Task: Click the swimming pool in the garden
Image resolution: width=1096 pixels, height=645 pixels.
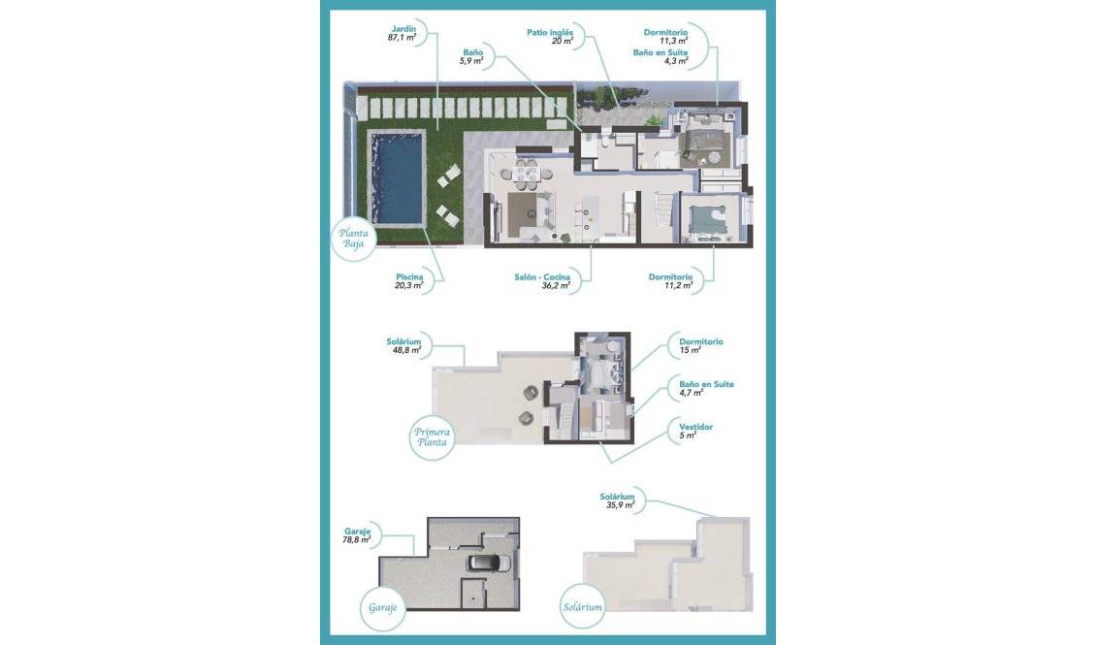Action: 398,180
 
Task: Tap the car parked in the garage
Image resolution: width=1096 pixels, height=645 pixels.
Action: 489,564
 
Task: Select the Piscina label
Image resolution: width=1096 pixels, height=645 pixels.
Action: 408,276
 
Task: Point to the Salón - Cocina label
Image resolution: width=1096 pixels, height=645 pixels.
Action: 541,277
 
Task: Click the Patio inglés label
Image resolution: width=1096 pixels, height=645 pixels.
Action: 550,32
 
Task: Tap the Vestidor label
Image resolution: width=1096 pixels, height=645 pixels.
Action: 696,427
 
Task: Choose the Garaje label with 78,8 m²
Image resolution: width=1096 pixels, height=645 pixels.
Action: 358,532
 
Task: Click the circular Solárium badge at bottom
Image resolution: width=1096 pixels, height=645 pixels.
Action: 583,608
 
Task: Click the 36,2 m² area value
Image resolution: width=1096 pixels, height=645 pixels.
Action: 556,286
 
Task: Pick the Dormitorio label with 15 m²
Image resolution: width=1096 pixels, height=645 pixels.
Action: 700,341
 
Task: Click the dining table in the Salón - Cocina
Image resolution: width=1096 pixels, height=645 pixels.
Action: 530,174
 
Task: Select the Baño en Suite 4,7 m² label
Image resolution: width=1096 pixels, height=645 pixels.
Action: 706,384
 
